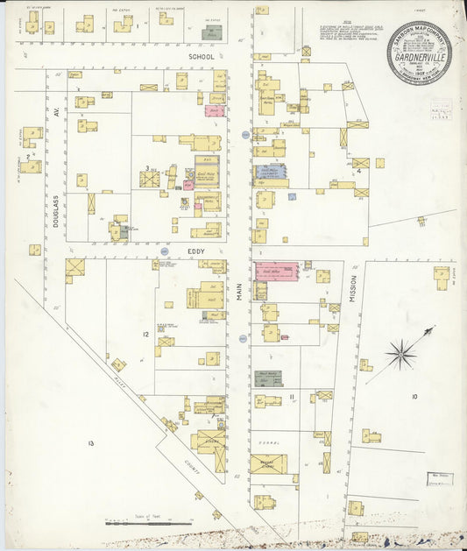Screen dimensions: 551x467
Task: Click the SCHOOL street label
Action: (201, 55)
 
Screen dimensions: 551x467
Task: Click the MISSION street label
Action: (353, 286)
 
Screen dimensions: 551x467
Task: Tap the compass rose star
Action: (401, 354)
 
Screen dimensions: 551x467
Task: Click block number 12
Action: (145, 335)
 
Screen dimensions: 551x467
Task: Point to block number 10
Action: (414, 397)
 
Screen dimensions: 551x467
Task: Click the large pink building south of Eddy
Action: (276, 271)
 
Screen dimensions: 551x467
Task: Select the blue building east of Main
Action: (271, 173)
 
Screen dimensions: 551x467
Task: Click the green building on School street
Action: (211, 33)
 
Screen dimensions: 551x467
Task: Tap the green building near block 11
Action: (269, 378)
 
